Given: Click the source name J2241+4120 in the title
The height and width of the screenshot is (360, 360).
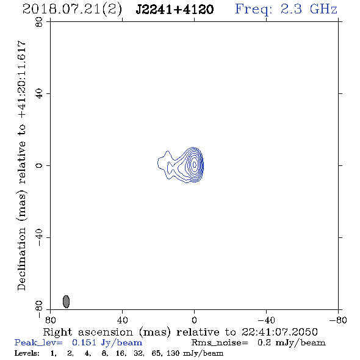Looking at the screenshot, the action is coord(175,9).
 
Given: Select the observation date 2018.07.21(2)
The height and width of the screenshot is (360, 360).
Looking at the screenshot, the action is coord(72,10).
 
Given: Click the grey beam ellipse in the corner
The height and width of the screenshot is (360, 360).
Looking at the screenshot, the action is coord(66,301).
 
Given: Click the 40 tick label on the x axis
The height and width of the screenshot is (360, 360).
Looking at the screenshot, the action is coord(123,320).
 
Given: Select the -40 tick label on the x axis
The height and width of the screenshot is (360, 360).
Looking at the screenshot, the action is coord(266,320).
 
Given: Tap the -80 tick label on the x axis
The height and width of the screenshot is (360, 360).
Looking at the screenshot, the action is coord(338,320).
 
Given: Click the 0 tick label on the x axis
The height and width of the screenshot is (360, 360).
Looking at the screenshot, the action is coord(194,320).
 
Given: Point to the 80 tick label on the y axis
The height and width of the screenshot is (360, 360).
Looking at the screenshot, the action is coord(39,22).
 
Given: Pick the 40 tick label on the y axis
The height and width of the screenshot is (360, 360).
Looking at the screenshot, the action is coord(39,94).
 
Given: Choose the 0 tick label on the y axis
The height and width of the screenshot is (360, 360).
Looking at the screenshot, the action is coord(39,165).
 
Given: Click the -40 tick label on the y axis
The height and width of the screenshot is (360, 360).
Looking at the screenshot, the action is coord(39,237).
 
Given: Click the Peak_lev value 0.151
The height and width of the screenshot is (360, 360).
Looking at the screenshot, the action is coord(84,342).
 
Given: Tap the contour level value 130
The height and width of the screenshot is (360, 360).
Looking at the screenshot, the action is coord(173,353).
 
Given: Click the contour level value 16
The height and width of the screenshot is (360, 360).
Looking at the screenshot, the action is coord(121,353).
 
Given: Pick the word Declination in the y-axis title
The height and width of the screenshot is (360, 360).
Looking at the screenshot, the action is coord(21,259).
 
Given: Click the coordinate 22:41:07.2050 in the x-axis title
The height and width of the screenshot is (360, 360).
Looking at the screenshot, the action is coord(279,332).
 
